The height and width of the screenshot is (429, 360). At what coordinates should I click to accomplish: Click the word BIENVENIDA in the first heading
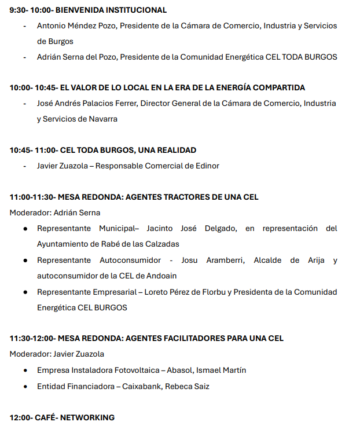pos(79,10)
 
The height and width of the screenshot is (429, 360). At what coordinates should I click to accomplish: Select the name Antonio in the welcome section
pos(52,26)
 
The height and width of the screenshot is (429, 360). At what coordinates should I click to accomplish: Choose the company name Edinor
pos(207,166)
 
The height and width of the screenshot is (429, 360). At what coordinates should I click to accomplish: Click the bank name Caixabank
pos(142,386)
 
